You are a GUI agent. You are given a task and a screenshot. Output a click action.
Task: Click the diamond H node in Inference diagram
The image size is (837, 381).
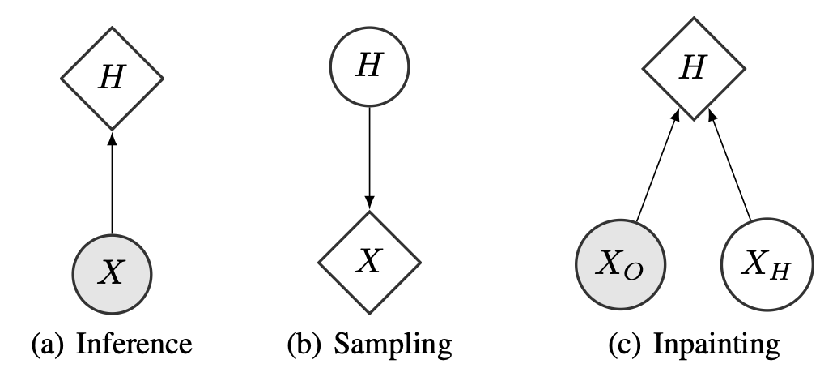[x=113, y=79]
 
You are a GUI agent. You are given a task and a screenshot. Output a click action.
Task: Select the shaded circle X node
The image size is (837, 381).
[x=113, y=272]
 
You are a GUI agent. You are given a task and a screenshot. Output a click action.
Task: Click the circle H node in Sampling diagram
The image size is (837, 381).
[x=369, y=66]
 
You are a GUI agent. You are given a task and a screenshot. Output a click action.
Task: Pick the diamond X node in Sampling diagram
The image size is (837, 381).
[x=369, y=261]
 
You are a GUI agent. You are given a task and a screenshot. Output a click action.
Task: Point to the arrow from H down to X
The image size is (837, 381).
[x=369, y=154]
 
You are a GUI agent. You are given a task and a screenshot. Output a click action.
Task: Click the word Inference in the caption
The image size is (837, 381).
[x=135, y=346]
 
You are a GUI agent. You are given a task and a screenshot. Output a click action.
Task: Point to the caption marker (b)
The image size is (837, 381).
[x=305, y=346]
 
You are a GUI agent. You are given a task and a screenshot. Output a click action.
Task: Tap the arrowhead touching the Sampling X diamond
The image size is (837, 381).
[x=369, y=203]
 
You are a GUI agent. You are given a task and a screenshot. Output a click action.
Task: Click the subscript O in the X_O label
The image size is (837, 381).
[x=634, y=272]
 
